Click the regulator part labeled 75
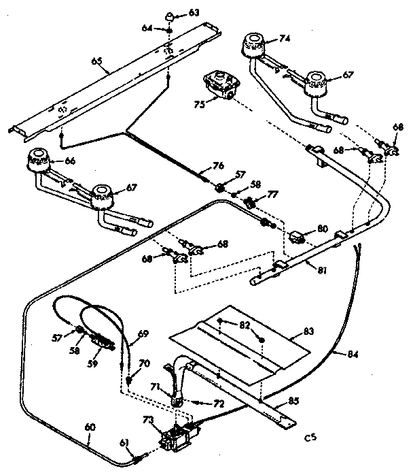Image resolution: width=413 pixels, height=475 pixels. pos(221,87)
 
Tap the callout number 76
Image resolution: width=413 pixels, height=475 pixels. pos(217,164)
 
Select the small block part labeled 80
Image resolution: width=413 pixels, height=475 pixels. pos(296,238)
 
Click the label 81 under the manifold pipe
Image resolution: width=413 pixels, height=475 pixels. pos(322,269)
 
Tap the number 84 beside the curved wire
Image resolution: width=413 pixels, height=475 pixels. pos(352,354)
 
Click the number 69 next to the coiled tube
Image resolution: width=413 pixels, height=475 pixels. pos(143,334)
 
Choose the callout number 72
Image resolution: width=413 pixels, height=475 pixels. pos(218,404)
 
